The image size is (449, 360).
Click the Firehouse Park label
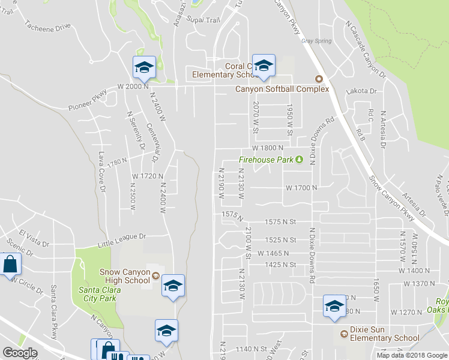tap(266, 160)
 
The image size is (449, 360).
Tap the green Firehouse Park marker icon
tap(299, 160)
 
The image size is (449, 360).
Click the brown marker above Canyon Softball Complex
tap(319, 79)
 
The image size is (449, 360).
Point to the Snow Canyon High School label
tap(125, 276)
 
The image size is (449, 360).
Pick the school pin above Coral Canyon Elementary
tap(264, 66)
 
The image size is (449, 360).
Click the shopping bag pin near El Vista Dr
tap(10, 265)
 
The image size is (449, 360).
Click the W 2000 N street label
tap(133, 86)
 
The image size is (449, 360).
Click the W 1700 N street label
tap(301, 188)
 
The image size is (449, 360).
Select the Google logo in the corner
tap(20, 353)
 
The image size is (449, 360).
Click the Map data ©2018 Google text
tap(411, 355)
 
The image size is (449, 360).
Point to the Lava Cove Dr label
tap(102, 172)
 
